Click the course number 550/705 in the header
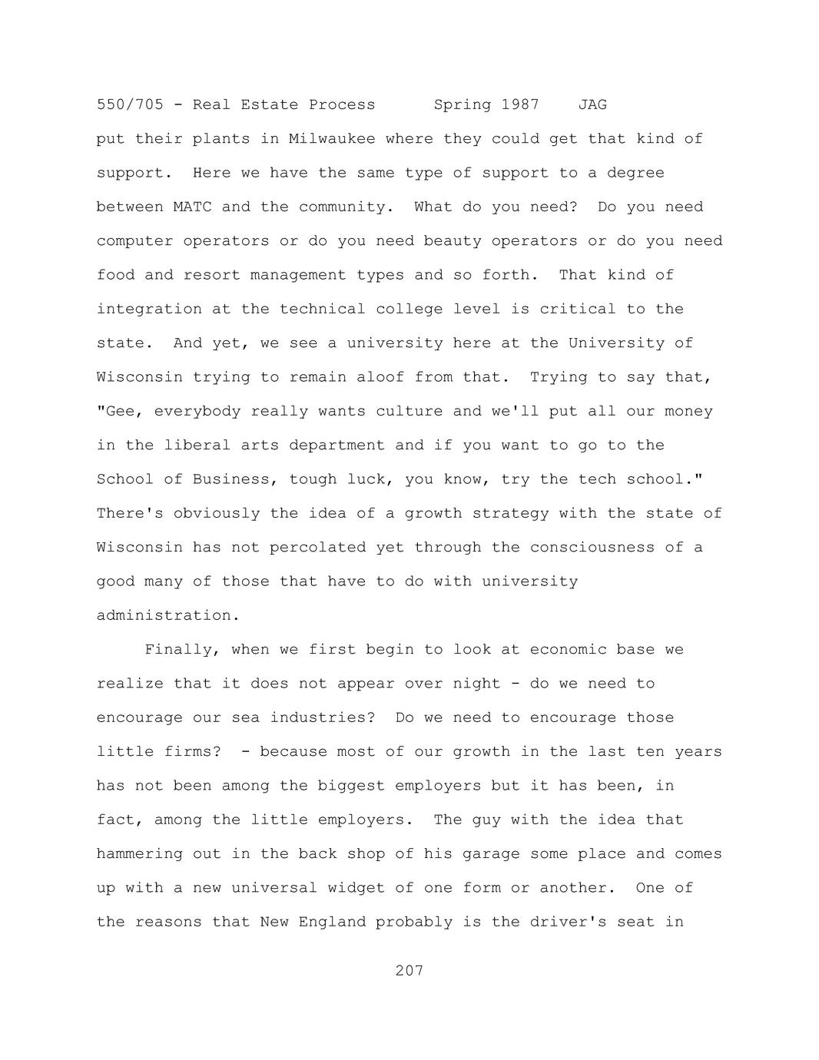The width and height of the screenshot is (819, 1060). [130, 104]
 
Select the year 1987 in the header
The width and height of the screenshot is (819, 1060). [520, 104]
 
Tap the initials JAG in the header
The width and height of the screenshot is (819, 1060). [592, 104]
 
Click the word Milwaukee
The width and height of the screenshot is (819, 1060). [332, 139]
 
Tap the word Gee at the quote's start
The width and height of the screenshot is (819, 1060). [120, 411]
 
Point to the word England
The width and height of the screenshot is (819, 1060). [332, 922]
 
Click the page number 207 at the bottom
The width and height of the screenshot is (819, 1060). [409, 971]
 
